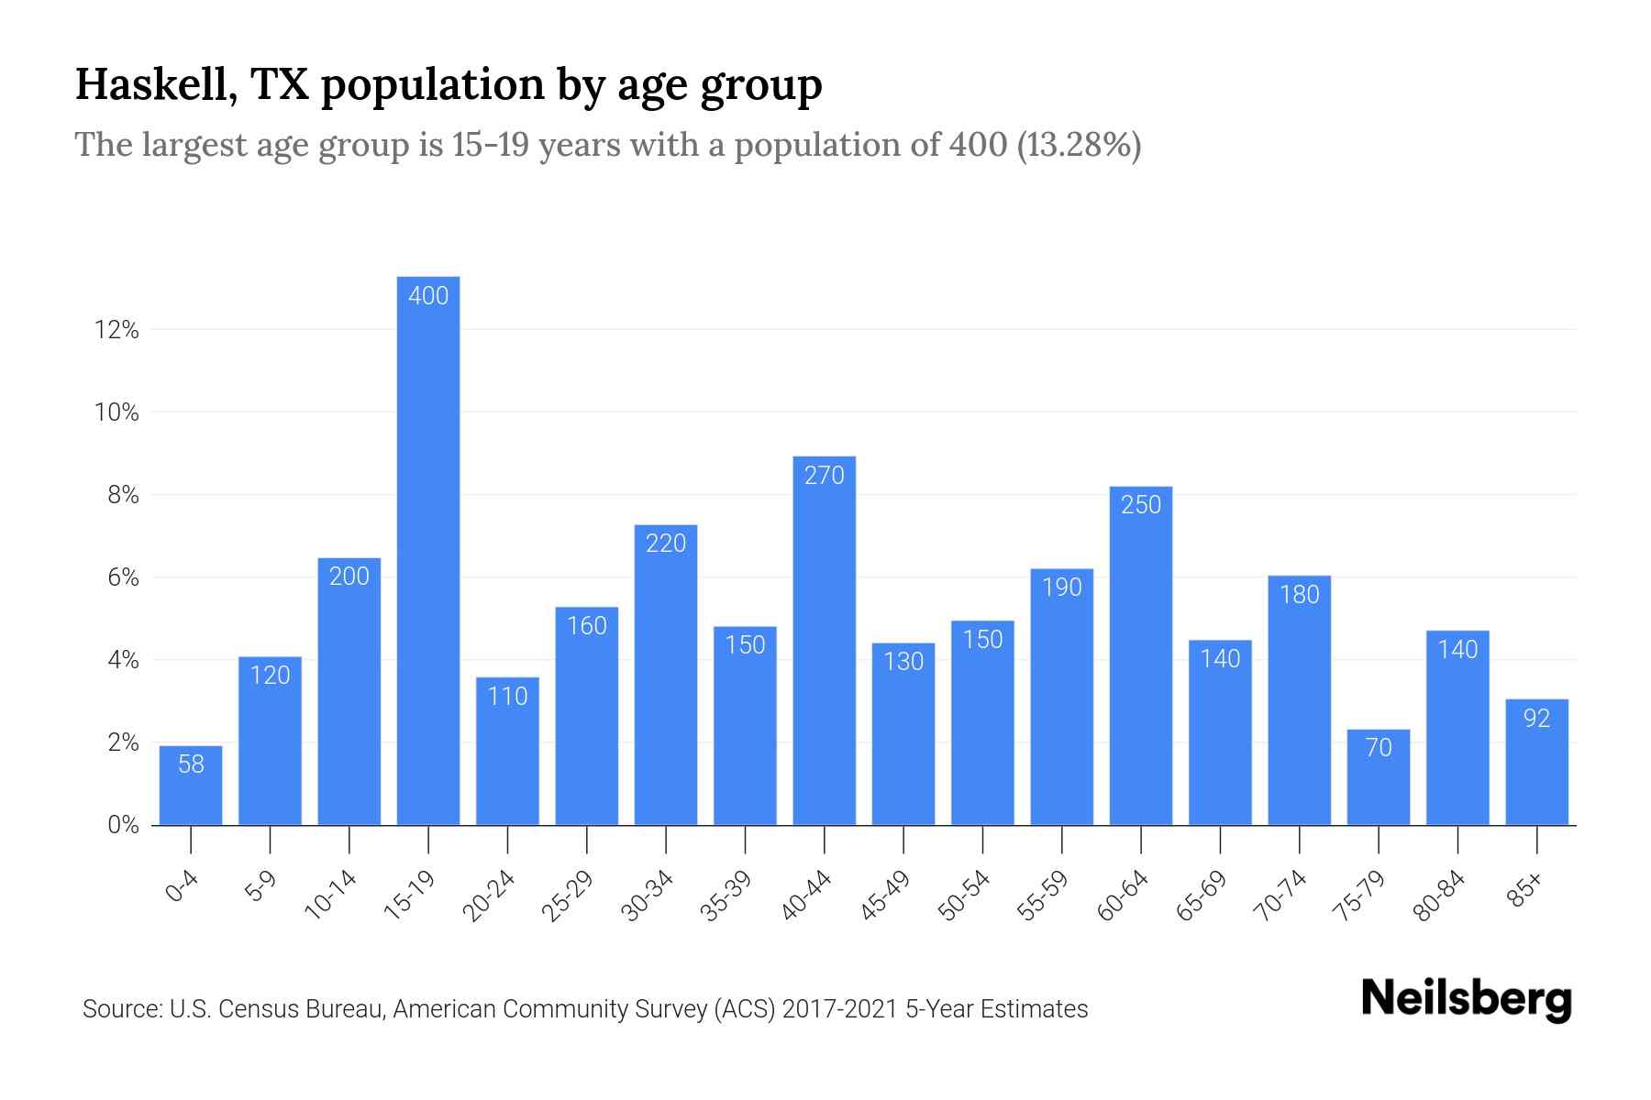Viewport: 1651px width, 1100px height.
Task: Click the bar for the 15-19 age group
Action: (x=428, y=550)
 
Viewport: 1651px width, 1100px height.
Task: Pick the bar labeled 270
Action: (x=824, y=642)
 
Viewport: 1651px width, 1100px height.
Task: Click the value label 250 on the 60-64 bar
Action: (x=1141, y=505)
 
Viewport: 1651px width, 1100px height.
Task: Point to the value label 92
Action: (x=1536, y=719)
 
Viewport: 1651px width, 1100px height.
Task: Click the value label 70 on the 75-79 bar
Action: (x=1379, y=748)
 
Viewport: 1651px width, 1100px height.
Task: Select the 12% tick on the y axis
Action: (x=116, y=330)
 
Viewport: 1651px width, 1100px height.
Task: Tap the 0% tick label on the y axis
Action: (x=123, y=825)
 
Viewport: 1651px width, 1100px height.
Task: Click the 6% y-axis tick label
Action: (x=123, y=577)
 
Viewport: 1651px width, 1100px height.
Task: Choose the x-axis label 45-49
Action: (x=886, y=896)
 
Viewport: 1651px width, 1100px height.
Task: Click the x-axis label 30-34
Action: (x=648, y=896)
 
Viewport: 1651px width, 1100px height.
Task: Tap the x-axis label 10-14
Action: (x=332, y=896)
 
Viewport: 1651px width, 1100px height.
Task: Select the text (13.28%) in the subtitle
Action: (x=1079, y=145)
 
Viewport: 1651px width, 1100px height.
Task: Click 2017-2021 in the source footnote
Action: (x=839, y=1009)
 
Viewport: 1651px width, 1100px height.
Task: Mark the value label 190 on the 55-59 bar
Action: (x=1062, y=588)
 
